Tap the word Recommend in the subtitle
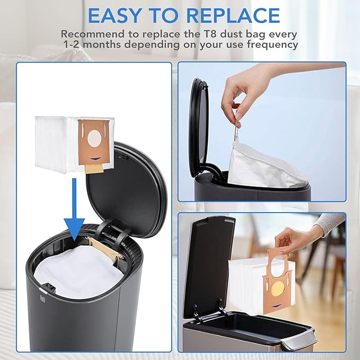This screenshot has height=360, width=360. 88,33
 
